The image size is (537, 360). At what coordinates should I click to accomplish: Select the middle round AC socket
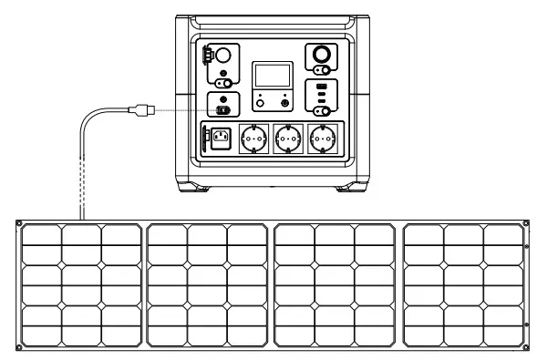click(x=287, y=140)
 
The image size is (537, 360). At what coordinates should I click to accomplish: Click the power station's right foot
click(x=352, y=189)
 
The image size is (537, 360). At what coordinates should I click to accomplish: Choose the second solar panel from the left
click(x=208, y=286)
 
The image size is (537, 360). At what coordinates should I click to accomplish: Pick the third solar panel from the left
click(x=336, y=286)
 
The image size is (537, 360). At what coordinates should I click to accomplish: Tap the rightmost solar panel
click(x=463, y=286)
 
